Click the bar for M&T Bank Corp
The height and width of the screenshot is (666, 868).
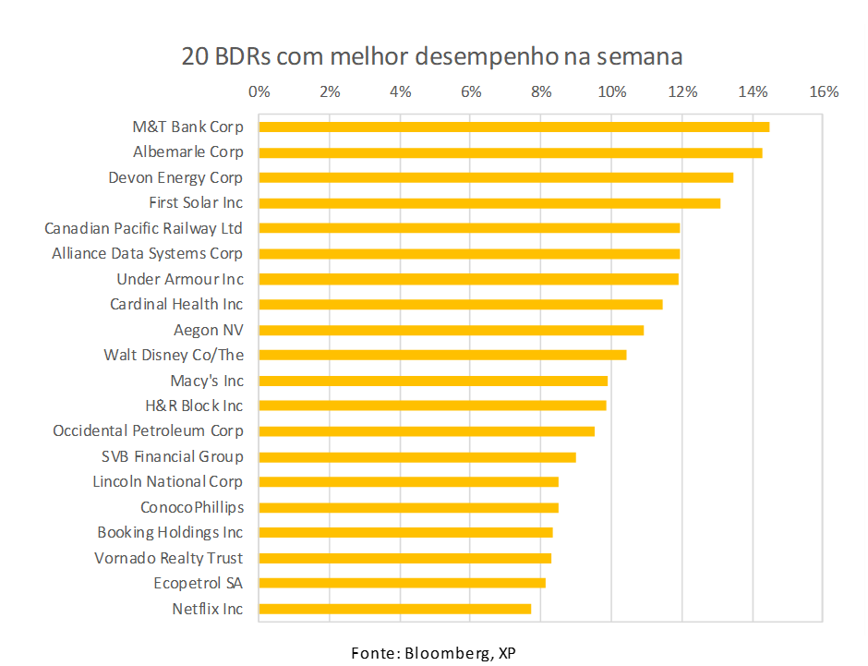click(513, 127)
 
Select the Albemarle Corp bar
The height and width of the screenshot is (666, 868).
click(510, 152)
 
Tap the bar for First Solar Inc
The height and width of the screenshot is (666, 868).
click(489, 203)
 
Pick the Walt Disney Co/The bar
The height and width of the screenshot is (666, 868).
click(442, 355)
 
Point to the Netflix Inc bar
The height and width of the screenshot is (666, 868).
click(395, 609)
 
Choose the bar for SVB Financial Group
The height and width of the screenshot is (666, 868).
click(417, 456)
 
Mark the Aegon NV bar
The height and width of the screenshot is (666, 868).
click(451, 330)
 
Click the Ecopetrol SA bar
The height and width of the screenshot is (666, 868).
click(402, 583)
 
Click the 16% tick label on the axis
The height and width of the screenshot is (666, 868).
click(824, 91)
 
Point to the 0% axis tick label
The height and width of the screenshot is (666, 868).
click(259, 91)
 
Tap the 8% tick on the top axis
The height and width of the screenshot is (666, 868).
click(541, 91)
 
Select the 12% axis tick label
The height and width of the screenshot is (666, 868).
click(682, 91)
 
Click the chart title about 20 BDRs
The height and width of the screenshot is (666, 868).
click(432, 56)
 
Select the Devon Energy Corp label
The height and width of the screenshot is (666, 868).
click(175, 177)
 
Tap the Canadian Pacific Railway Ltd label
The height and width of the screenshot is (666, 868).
click(143, 228)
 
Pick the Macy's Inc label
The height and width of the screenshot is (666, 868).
click(207, 381)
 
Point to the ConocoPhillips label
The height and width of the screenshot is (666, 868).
click(192, 507)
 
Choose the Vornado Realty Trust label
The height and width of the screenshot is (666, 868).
click(168, 558)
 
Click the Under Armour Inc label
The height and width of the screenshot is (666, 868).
click(180, 279)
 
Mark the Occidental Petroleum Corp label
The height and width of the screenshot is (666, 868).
click(148, 431)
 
